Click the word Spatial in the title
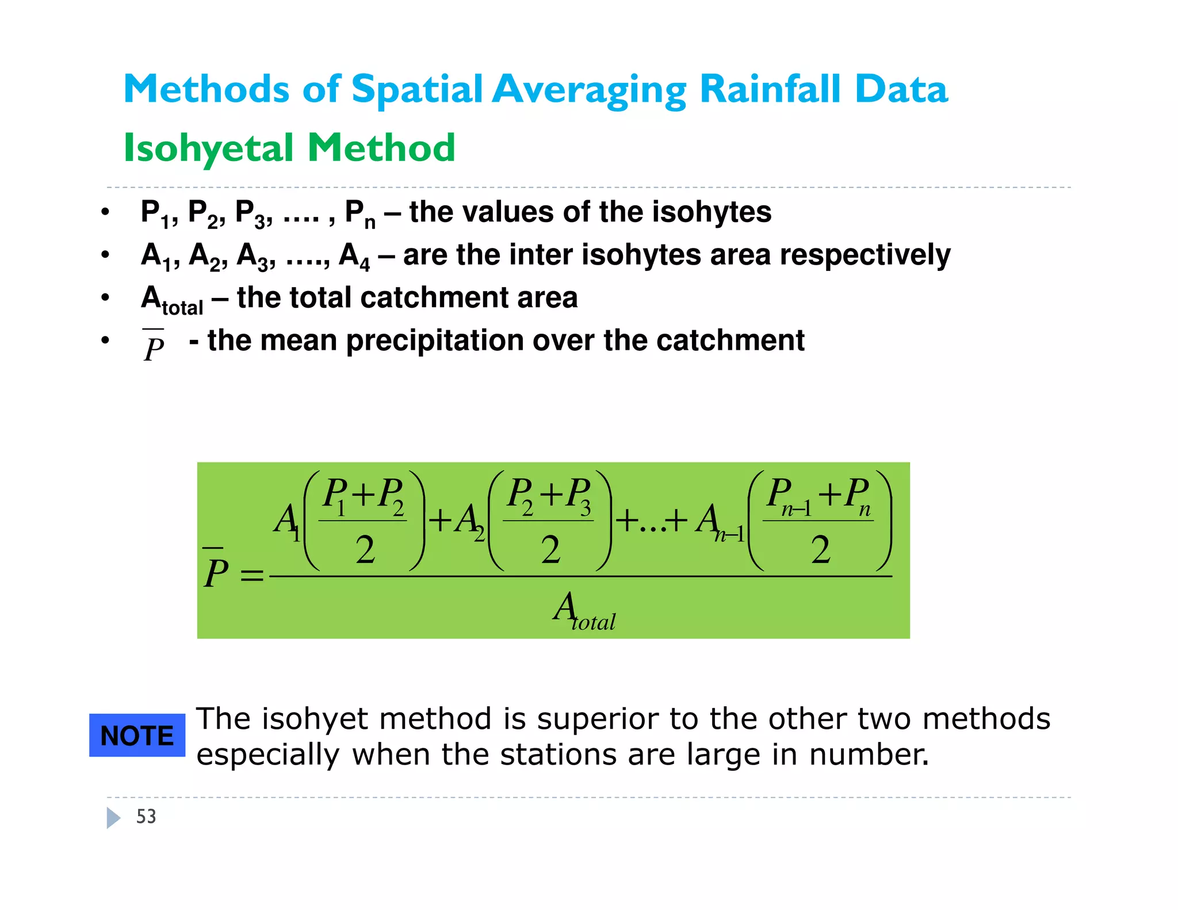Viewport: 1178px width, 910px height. tap(417, 90)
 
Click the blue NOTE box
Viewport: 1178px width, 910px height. tap(137, 735)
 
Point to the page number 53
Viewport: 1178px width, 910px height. tap(146, 817)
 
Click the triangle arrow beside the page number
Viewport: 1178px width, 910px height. tap(113, 817)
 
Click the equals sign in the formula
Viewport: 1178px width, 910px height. tap(252, 575)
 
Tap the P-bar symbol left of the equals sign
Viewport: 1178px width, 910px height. tap(216, 569)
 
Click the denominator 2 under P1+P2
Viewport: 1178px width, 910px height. tap(365, 549)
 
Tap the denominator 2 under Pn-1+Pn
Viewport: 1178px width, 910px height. tap(821, 549)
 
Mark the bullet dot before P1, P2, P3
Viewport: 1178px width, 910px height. tap(105, 212)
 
